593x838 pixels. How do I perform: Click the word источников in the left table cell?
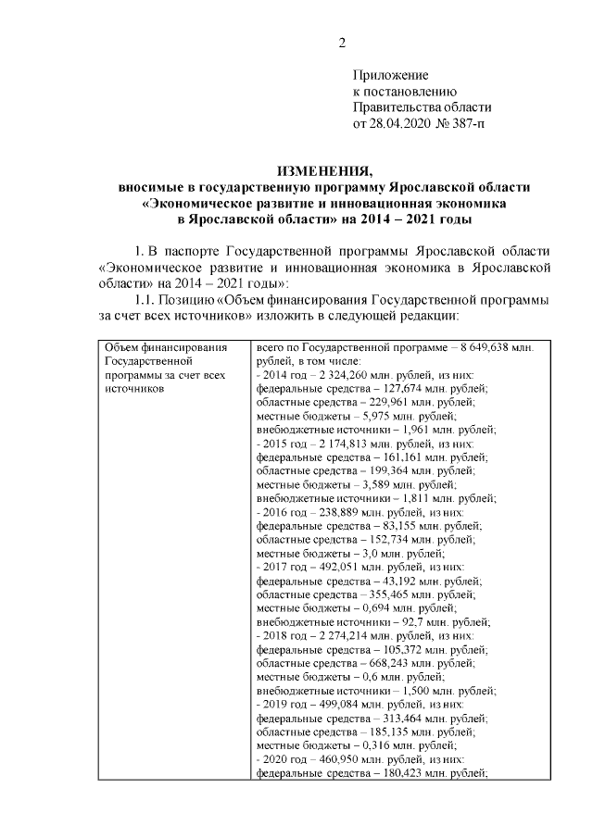(x=135, y=389)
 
